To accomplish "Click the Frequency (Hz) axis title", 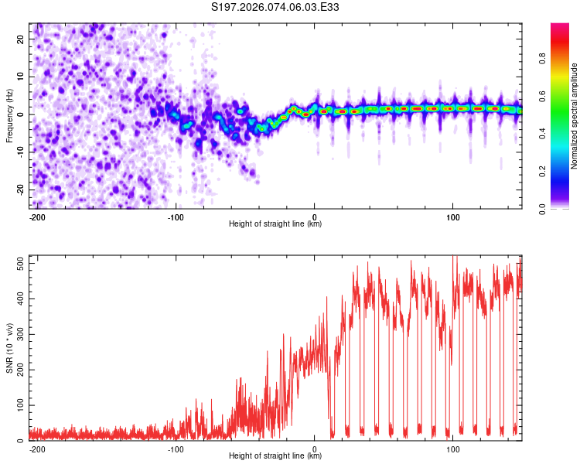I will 9,116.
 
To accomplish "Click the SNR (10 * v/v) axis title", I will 9,348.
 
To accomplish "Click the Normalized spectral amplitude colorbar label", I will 575,116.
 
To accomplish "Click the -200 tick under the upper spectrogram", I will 36,216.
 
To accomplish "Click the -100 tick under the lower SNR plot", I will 176,449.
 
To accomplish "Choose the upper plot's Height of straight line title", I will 275,224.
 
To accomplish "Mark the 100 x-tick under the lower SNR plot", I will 452,449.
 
